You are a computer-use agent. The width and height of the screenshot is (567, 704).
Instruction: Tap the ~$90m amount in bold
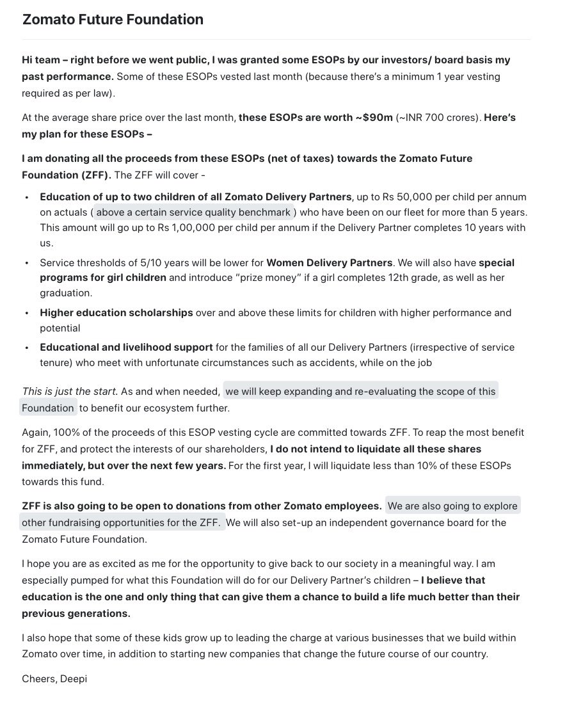pyautogui.click(x=375, y=118)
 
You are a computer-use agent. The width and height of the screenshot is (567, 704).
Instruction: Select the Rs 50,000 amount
pyautogui.click(x=415, y=196)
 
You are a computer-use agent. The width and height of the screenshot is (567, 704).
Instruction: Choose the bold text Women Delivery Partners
pyautogui.click(x=329, y=262)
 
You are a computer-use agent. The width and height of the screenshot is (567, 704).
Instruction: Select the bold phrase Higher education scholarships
pyautogui.click(x=116, y=313)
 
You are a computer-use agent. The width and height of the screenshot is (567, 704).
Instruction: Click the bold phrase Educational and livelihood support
pyautogui.click(x=126, y=348)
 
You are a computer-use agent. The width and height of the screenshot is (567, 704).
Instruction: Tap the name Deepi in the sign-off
pyautogui.click(x=73, y=679)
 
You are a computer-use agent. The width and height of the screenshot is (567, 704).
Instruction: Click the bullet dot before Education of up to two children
pyautogui.click(x=26, y=197)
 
